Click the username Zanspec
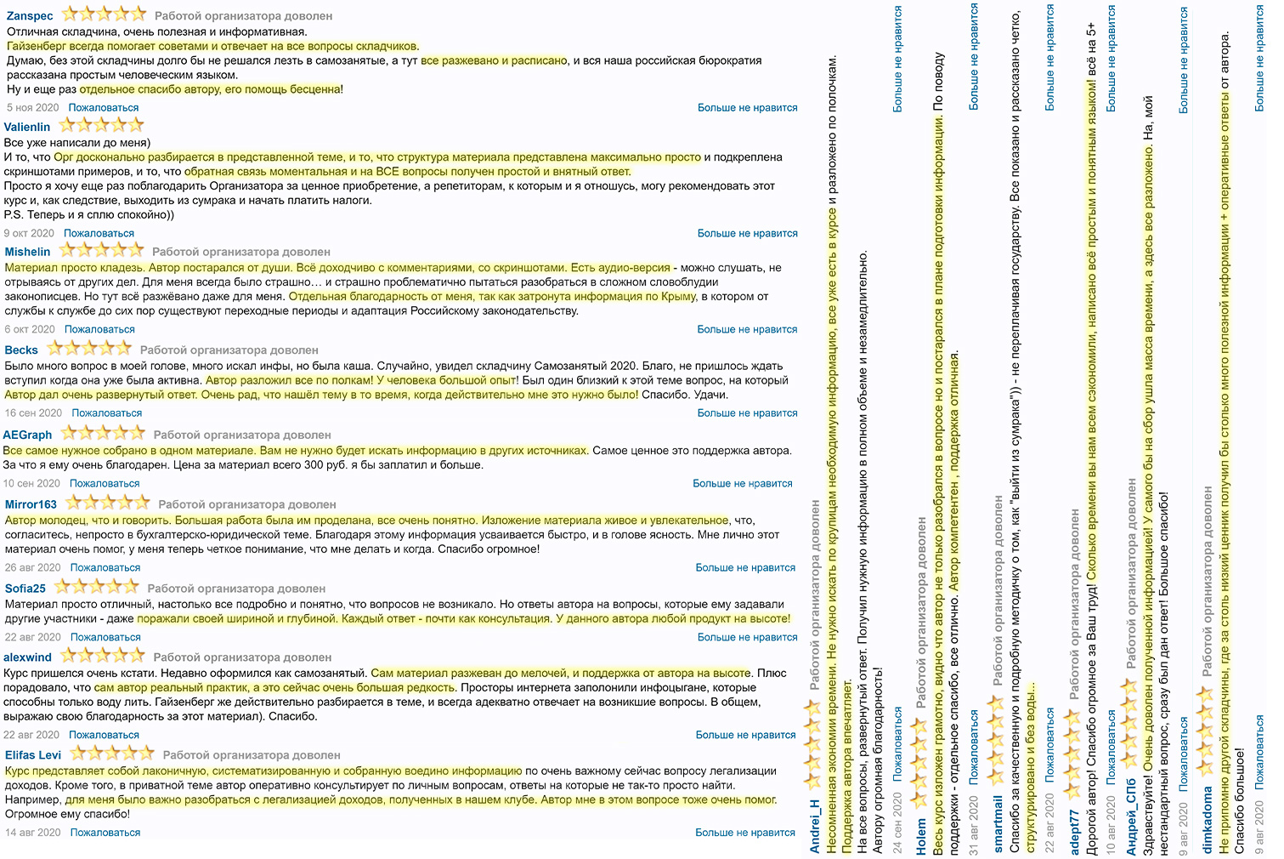click(x=30, y=16)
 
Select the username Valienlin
click(x=27, y=127)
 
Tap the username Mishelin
click(x=28, y=252)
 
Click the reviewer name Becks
click(x=21, y=350)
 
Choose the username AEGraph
click(x=28, y=435)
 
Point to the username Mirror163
click(x=31, y=504)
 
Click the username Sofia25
click(x=25, y=589)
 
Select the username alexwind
click(x=28, y=657)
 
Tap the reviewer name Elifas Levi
click(x=33, y=755)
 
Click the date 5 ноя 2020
click(x=33, y=108)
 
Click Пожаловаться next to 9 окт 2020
click(x=99, y=233)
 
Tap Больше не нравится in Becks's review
click(x=747, y=413)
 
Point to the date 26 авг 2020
click(x=33, y=567)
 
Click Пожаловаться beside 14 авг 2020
click(x=105, y=833)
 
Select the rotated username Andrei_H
click(x=815, y=826)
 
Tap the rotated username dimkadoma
click(x=1208, y=819)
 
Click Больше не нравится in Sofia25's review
click(x=747, y=637)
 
